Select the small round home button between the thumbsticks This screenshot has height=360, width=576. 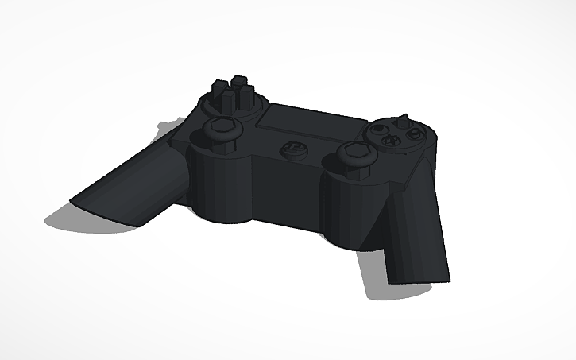point(292,148)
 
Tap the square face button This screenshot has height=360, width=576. point(378,130)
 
